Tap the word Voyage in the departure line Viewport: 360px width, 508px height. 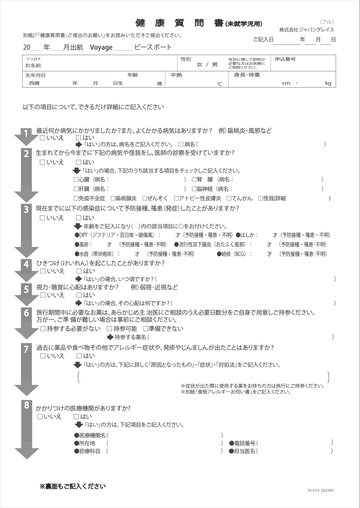101,48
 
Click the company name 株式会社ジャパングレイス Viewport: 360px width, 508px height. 306,30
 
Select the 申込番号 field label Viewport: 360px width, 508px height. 285,59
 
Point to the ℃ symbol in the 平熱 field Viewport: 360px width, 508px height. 219,84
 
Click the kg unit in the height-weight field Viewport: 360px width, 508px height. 328,83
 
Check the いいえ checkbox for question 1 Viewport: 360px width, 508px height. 42,138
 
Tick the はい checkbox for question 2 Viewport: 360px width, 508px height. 78,162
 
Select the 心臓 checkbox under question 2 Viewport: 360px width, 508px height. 76,179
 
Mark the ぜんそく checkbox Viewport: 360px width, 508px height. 144,198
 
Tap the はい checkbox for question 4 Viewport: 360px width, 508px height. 79,271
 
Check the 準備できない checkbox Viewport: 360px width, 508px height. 145,329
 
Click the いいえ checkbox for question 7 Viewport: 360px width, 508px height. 43,356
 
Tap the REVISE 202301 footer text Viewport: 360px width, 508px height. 321,491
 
